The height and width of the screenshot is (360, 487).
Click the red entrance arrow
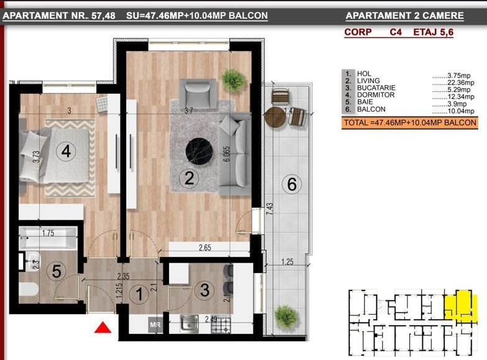pos(103,328)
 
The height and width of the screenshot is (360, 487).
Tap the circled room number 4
pos(66,151)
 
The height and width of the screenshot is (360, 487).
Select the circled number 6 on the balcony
pos(292,184)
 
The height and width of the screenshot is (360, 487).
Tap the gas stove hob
pos(221,324)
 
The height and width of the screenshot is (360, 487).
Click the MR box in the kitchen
pos(155,325)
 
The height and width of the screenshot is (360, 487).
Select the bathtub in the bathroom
pos(48,238)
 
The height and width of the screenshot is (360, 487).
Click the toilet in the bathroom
pos(29,289)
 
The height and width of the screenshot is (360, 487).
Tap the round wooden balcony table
pos(275,117)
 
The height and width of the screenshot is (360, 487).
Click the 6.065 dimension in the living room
pos(227,154)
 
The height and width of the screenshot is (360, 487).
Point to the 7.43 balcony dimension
pos(270,209)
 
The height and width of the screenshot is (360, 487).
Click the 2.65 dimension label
pos(205,248)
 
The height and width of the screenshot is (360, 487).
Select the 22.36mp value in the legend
pos(461,83)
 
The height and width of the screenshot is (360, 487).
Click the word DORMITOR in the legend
pos(376,95)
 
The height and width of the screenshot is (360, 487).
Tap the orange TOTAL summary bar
pos(409,123)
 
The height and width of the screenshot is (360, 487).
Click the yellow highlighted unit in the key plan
pos(460,305)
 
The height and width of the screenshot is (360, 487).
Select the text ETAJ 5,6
pos(434,32)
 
